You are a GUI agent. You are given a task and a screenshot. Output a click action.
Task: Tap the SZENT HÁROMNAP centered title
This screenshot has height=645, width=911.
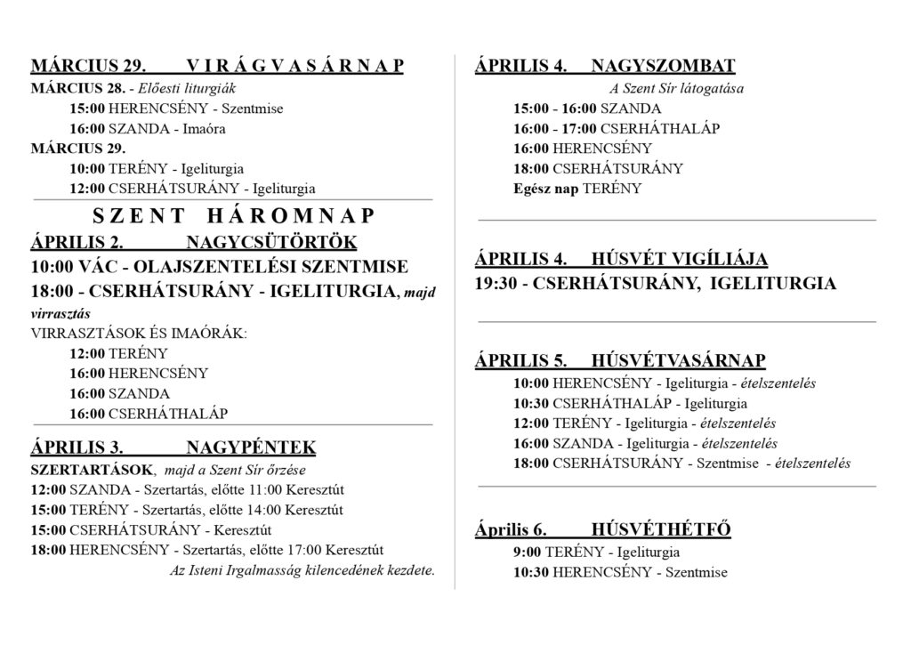click(234, 215)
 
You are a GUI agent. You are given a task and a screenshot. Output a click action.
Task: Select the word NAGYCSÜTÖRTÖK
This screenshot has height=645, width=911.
click(271, 242)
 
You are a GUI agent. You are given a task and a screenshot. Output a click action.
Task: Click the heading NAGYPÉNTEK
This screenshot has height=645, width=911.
click(251, 447)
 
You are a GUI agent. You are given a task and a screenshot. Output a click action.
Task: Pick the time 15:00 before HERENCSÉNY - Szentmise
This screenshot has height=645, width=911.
click(86, 109)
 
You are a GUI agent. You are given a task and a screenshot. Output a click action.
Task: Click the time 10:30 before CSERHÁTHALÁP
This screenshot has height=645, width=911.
click(531, 404)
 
